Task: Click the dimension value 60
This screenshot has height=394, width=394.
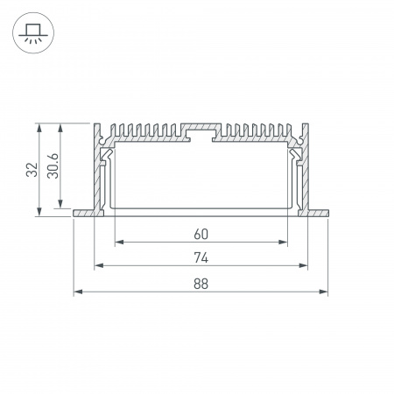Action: tap(201, 234)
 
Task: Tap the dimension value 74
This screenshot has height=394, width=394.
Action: tap(201, 257)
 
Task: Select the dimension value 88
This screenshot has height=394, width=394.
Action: tap(201, 284)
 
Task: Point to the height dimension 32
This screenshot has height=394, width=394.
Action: tap(32, 170)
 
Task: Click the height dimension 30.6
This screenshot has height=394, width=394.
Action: tap(53, 166)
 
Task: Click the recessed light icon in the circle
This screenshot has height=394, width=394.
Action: tap(33, 33)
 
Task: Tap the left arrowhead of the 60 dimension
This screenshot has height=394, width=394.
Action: tap(119, 242)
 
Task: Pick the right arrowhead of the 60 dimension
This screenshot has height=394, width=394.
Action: tap(283, 242)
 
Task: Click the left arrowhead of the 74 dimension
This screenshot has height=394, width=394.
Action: tap(99, 265)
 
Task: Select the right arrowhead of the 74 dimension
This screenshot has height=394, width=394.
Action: tap(303, 265)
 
